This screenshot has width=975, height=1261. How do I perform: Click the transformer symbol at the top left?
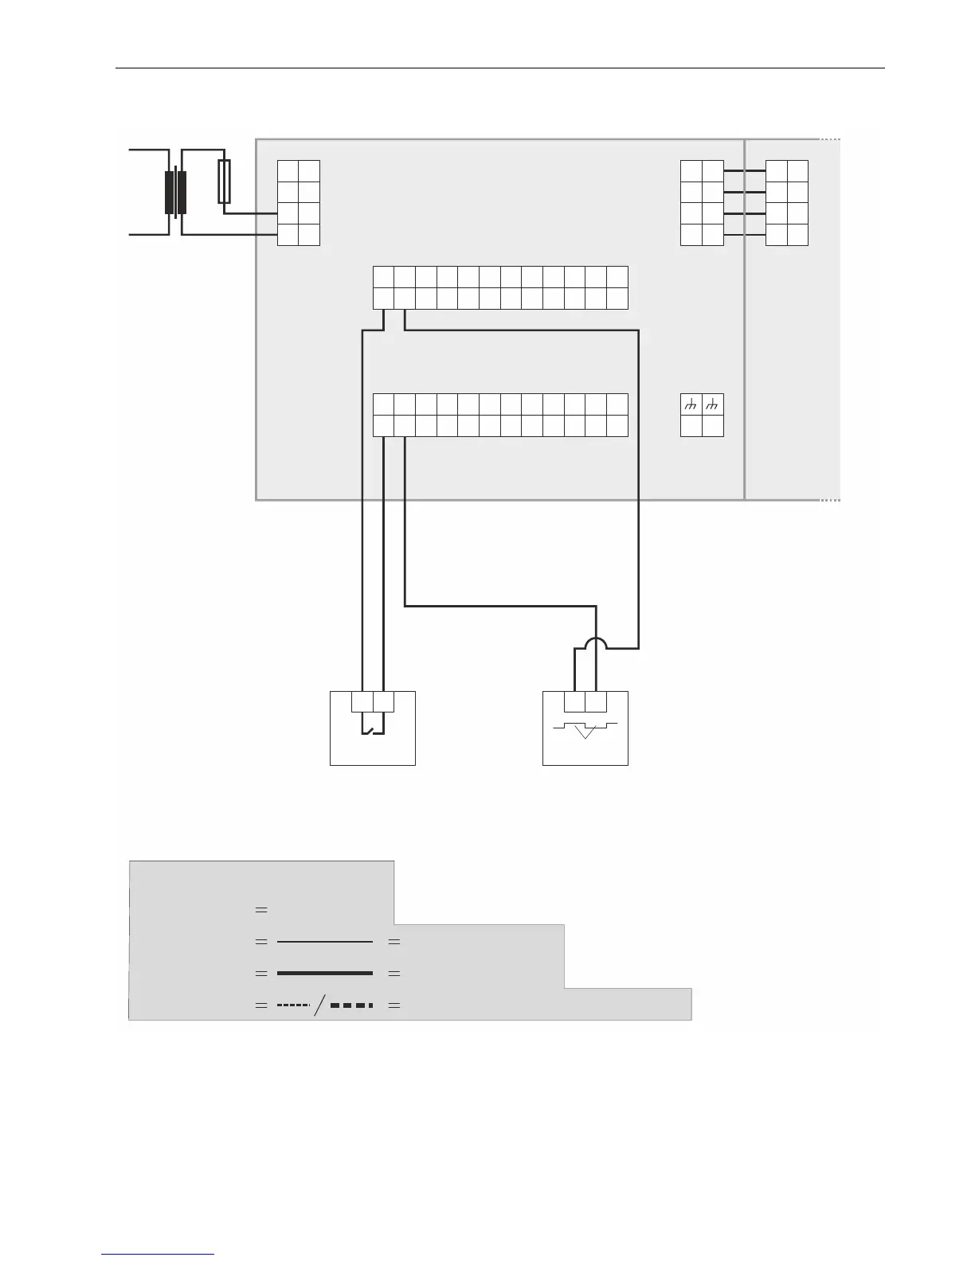pos(175,193)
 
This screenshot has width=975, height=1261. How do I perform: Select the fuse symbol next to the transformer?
pos(225,181)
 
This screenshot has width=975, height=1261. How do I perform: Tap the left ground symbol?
pos(691,405)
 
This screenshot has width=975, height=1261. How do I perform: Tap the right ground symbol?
pos(713,405)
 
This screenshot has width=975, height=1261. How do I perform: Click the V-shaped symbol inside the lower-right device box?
pos(585,731)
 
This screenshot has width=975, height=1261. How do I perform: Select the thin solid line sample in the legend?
pos(324,942)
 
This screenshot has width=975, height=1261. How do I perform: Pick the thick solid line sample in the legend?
pos(324,973)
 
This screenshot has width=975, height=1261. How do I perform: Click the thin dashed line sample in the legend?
pos(292,1005)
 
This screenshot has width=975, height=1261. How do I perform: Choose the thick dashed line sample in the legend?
pos(351,1005)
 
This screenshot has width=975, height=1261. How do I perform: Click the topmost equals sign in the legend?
pos(260,909)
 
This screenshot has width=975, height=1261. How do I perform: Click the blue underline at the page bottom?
pos(158,1255)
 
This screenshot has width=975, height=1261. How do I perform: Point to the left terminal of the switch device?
pos(362,702)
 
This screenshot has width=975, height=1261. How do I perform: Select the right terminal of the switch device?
pos(383,702)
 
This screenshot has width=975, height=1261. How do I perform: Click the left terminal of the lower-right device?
pos(574,702)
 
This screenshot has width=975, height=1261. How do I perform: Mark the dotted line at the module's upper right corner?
pos(830,139)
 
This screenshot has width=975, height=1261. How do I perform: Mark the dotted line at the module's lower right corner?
pos(830,500)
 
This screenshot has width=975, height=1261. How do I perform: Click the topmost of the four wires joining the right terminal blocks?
pos(744,170)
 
